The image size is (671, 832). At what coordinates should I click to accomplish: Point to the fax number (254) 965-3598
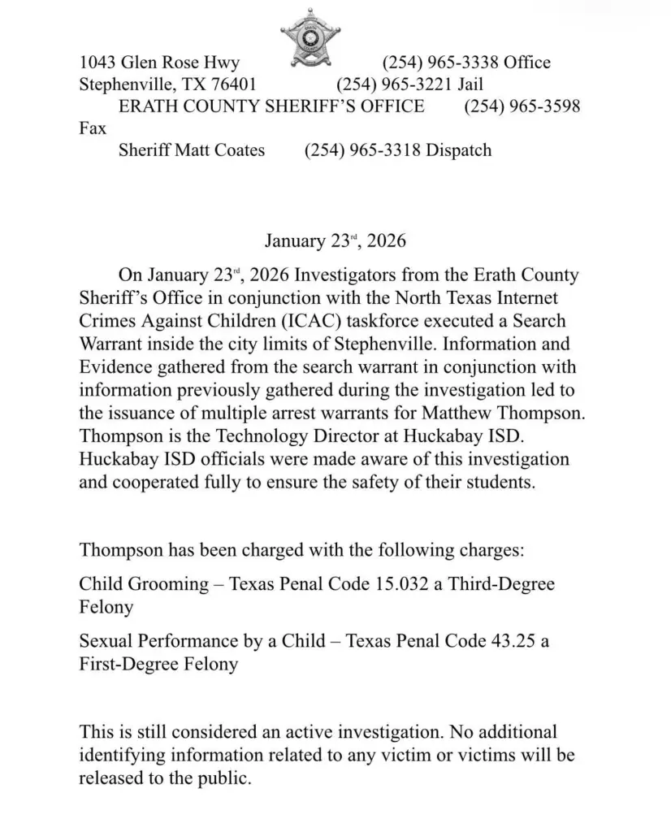(x=522, y=106)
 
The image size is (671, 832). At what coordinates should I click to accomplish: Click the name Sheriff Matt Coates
(x=192, y=150)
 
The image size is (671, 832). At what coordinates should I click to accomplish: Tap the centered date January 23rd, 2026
(x=335, y=241)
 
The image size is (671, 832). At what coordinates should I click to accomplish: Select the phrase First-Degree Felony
(x=158, y=664)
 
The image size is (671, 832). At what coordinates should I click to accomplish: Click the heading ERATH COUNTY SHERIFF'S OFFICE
(x=271, y=106)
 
